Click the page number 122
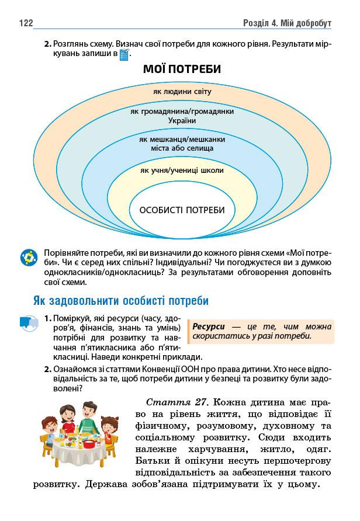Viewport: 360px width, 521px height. pos(25,23)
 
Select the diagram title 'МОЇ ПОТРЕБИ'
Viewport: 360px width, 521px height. pos(182,70)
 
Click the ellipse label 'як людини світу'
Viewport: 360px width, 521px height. pos(182,92)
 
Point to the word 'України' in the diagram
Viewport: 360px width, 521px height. pos(182,120)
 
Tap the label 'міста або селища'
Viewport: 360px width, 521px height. pos(182,148)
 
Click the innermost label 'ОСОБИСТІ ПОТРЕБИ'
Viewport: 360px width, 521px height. pos(182,210)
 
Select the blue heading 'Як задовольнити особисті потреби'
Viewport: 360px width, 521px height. pos(120,301)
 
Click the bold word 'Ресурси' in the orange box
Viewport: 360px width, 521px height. pos(208,327)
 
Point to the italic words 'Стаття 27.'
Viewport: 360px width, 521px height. pos(177,402)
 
